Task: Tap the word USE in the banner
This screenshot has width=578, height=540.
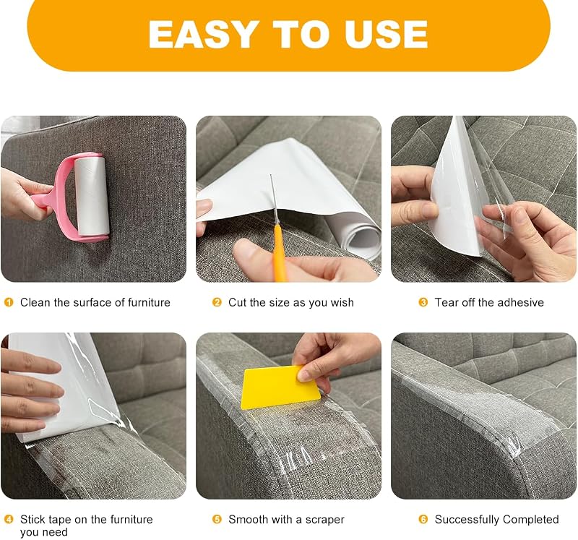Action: [386, 34]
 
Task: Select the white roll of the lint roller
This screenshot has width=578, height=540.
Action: [92, 195]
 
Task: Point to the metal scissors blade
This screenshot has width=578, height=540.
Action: [273, 200]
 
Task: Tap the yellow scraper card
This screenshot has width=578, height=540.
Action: [280, 387]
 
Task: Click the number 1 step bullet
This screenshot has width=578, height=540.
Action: [9, 302]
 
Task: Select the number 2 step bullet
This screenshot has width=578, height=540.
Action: [217, 302]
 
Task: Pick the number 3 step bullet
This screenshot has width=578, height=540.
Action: [423, 302]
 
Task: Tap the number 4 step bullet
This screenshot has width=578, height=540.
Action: [9, 519]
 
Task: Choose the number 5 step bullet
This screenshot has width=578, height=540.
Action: [217, 519]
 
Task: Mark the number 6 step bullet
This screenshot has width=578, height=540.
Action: [423, 519]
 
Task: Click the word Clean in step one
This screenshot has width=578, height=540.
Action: [35, 302]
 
